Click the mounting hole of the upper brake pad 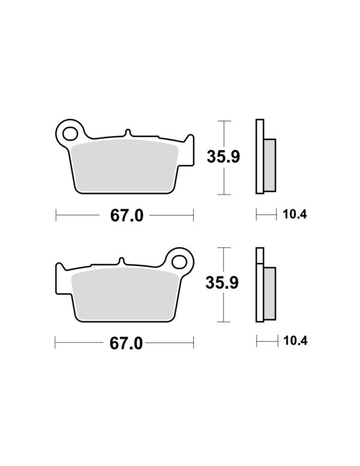coord(70,134)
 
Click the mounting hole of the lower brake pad coord(179,262)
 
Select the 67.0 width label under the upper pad coord(127,216)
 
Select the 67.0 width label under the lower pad coord(126,343)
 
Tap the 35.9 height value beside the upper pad coord(223,157)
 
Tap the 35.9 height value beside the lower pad coord(222,283)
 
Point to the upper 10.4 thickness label coord(295,214)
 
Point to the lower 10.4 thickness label coord(295,341)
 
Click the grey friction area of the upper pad coord(125,166)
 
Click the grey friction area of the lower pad coord(125,294)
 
